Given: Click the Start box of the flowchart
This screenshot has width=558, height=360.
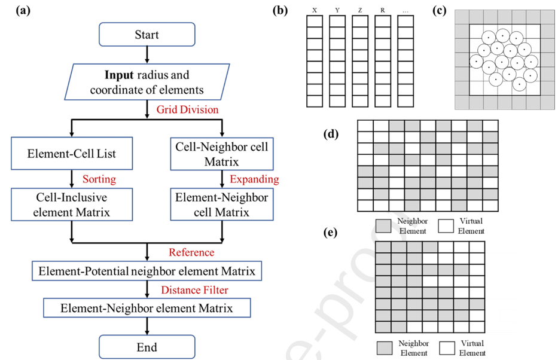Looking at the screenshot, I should click(147, 34).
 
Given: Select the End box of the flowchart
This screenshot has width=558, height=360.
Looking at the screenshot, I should click(147, 347).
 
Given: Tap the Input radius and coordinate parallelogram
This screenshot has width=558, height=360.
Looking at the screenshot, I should click(147, 83).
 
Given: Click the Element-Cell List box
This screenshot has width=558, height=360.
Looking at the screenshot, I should click(72, 154).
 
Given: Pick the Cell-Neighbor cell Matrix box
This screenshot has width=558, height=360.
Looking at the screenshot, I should click(222, 154).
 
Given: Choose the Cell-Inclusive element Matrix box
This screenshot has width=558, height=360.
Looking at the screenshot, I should click(72, 204).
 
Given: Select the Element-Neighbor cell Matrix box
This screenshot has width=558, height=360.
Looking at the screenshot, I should click(222, 204).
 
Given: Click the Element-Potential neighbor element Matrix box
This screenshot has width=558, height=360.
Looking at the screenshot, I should click(147, 271).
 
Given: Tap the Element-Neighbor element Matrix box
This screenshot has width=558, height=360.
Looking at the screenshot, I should click(147, 309).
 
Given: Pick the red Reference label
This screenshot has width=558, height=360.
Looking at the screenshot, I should click(191, 252).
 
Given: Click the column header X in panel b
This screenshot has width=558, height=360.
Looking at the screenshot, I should click(314, 10).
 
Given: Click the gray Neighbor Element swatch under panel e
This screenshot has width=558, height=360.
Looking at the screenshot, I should click(386, 347).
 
